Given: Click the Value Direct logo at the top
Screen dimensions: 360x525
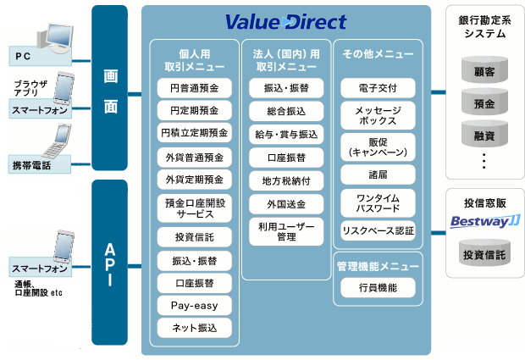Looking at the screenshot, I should coord(286,20).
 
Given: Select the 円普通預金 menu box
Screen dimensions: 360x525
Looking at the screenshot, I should coord(195,87).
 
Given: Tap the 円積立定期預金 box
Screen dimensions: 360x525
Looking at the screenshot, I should coord(195,133).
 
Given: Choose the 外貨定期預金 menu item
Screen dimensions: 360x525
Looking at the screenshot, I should coord(195,179).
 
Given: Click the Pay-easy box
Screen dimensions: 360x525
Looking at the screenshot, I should coord(195,305).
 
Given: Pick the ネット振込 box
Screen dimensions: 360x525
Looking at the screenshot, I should coord(195,328).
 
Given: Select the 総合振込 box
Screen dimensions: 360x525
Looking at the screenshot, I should coord(285,111).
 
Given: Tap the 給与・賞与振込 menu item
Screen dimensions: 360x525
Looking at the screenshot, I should coord(285,134).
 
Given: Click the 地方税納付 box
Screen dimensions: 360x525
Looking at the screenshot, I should coord(285,180).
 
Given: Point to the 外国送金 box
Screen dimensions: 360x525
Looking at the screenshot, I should coord(285,203).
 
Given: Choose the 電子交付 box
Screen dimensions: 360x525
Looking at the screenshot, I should coord(378,87).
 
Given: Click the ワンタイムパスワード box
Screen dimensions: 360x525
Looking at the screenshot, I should coord(378,203).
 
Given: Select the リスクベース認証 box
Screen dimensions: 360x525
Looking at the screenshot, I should coord(378,230).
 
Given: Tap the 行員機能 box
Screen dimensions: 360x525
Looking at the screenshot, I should coord(378,287).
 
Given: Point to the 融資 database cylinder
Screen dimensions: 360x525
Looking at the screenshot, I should coord(485,134).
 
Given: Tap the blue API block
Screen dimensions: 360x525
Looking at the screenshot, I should coord(109,263).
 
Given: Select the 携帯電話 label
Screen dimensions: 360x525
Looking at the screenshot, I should coord(31,164).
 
